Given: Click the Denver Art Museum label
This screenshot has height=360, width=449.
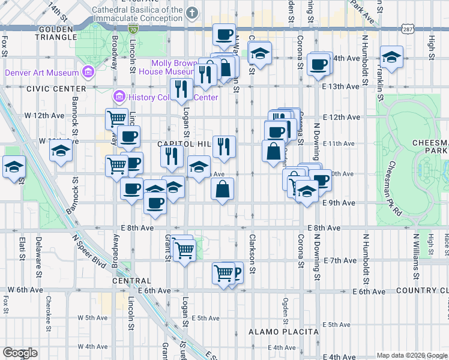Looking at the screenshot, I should tap(41, 73).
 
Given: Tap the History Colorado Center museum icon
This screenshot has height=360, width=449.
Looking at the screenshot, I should tap(119, 97).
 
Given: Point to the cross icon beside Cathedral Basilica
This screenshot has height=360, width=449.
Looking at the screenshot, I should tap(192, 12).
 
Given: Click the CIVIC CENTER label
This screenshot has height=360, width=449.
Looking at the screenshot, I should tap(49, 88).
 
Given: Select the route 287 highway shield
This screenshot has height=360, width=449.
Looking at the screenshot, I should tap(408, 29).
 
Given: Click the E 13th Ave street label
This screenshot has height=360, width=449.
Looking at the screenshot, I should tap(340, 86).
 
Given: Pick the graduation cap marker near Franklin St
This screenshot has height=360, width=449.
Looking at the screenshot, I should tap(391, 57).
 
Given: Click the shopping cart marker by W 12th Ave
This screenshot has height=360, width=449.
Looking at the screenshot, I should tap(116, 118).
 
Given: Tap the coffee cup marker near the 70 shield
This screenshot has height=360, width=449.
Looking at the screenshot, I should tap(224, 34).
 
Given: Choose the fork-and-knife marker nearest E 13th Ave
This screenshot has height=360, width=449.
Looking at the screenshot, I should tap(181, 89).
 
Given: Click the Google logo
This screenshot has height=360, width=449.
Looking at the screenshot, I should tap(20, 353).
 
